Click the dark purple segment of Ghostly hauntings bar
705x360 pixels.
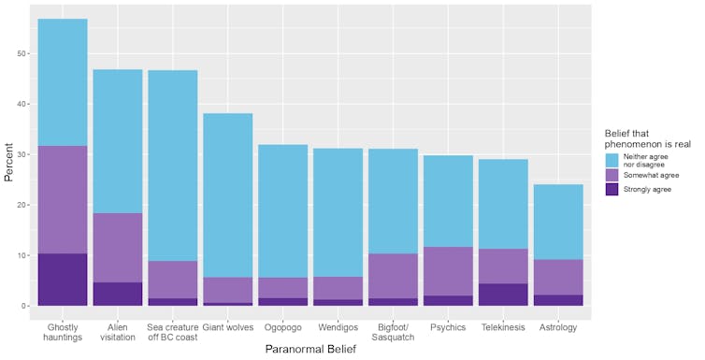pos(63,280)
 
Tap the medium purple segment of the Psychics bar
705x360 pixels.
pos(448,272)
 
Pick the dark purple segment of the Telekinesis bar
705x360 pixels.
pos(503,295)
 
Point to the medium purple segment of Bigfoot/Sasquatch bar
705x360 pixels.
pos(393,276)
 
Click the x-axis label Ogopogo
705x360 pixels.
pos(282,327)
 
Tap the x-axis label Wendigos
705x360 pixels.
pos(338,327)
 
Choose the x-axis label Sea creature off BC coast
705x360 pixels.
pos(173,332)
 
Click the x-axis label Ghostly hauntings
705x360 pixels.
pos(63,332)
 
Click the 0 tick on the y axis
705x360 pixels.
pos(23,306)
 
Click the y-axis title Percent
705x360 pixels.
pos(8,162)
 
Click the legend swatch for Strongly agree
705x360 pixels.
pos(613,189)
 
